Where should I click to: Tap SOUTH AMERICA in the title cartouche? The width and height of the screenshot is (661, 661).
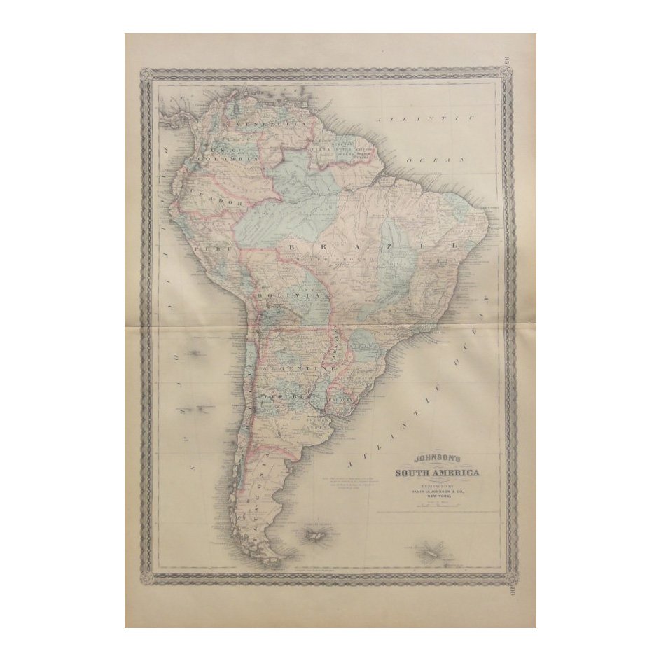tap(437, 473)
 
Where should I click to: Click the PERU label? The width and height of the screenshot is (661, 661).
tap(208, 248)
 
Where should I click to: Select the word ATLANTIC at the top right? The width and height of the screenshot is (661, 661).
tap(425, 120)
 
